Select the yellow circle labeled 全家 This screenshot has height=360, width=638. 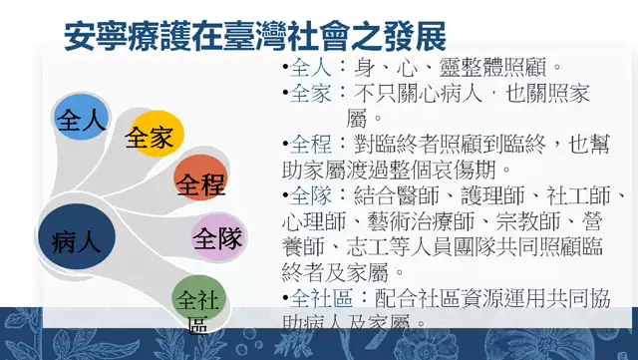click(151, 138)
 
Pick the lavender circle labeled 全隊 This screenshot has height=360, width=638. click(218, 238)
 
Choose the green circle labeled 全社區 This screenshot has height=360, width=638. click(199, 306)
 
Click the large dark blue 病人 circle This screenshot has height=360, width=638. click(77, 239)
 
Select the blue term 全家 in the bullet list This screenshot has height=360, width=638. click(310, 94)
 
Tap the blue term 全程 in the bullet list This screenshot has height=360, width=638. click(310, 145)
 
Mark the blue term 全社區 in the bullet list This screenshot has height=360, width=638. click(320, 297)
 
